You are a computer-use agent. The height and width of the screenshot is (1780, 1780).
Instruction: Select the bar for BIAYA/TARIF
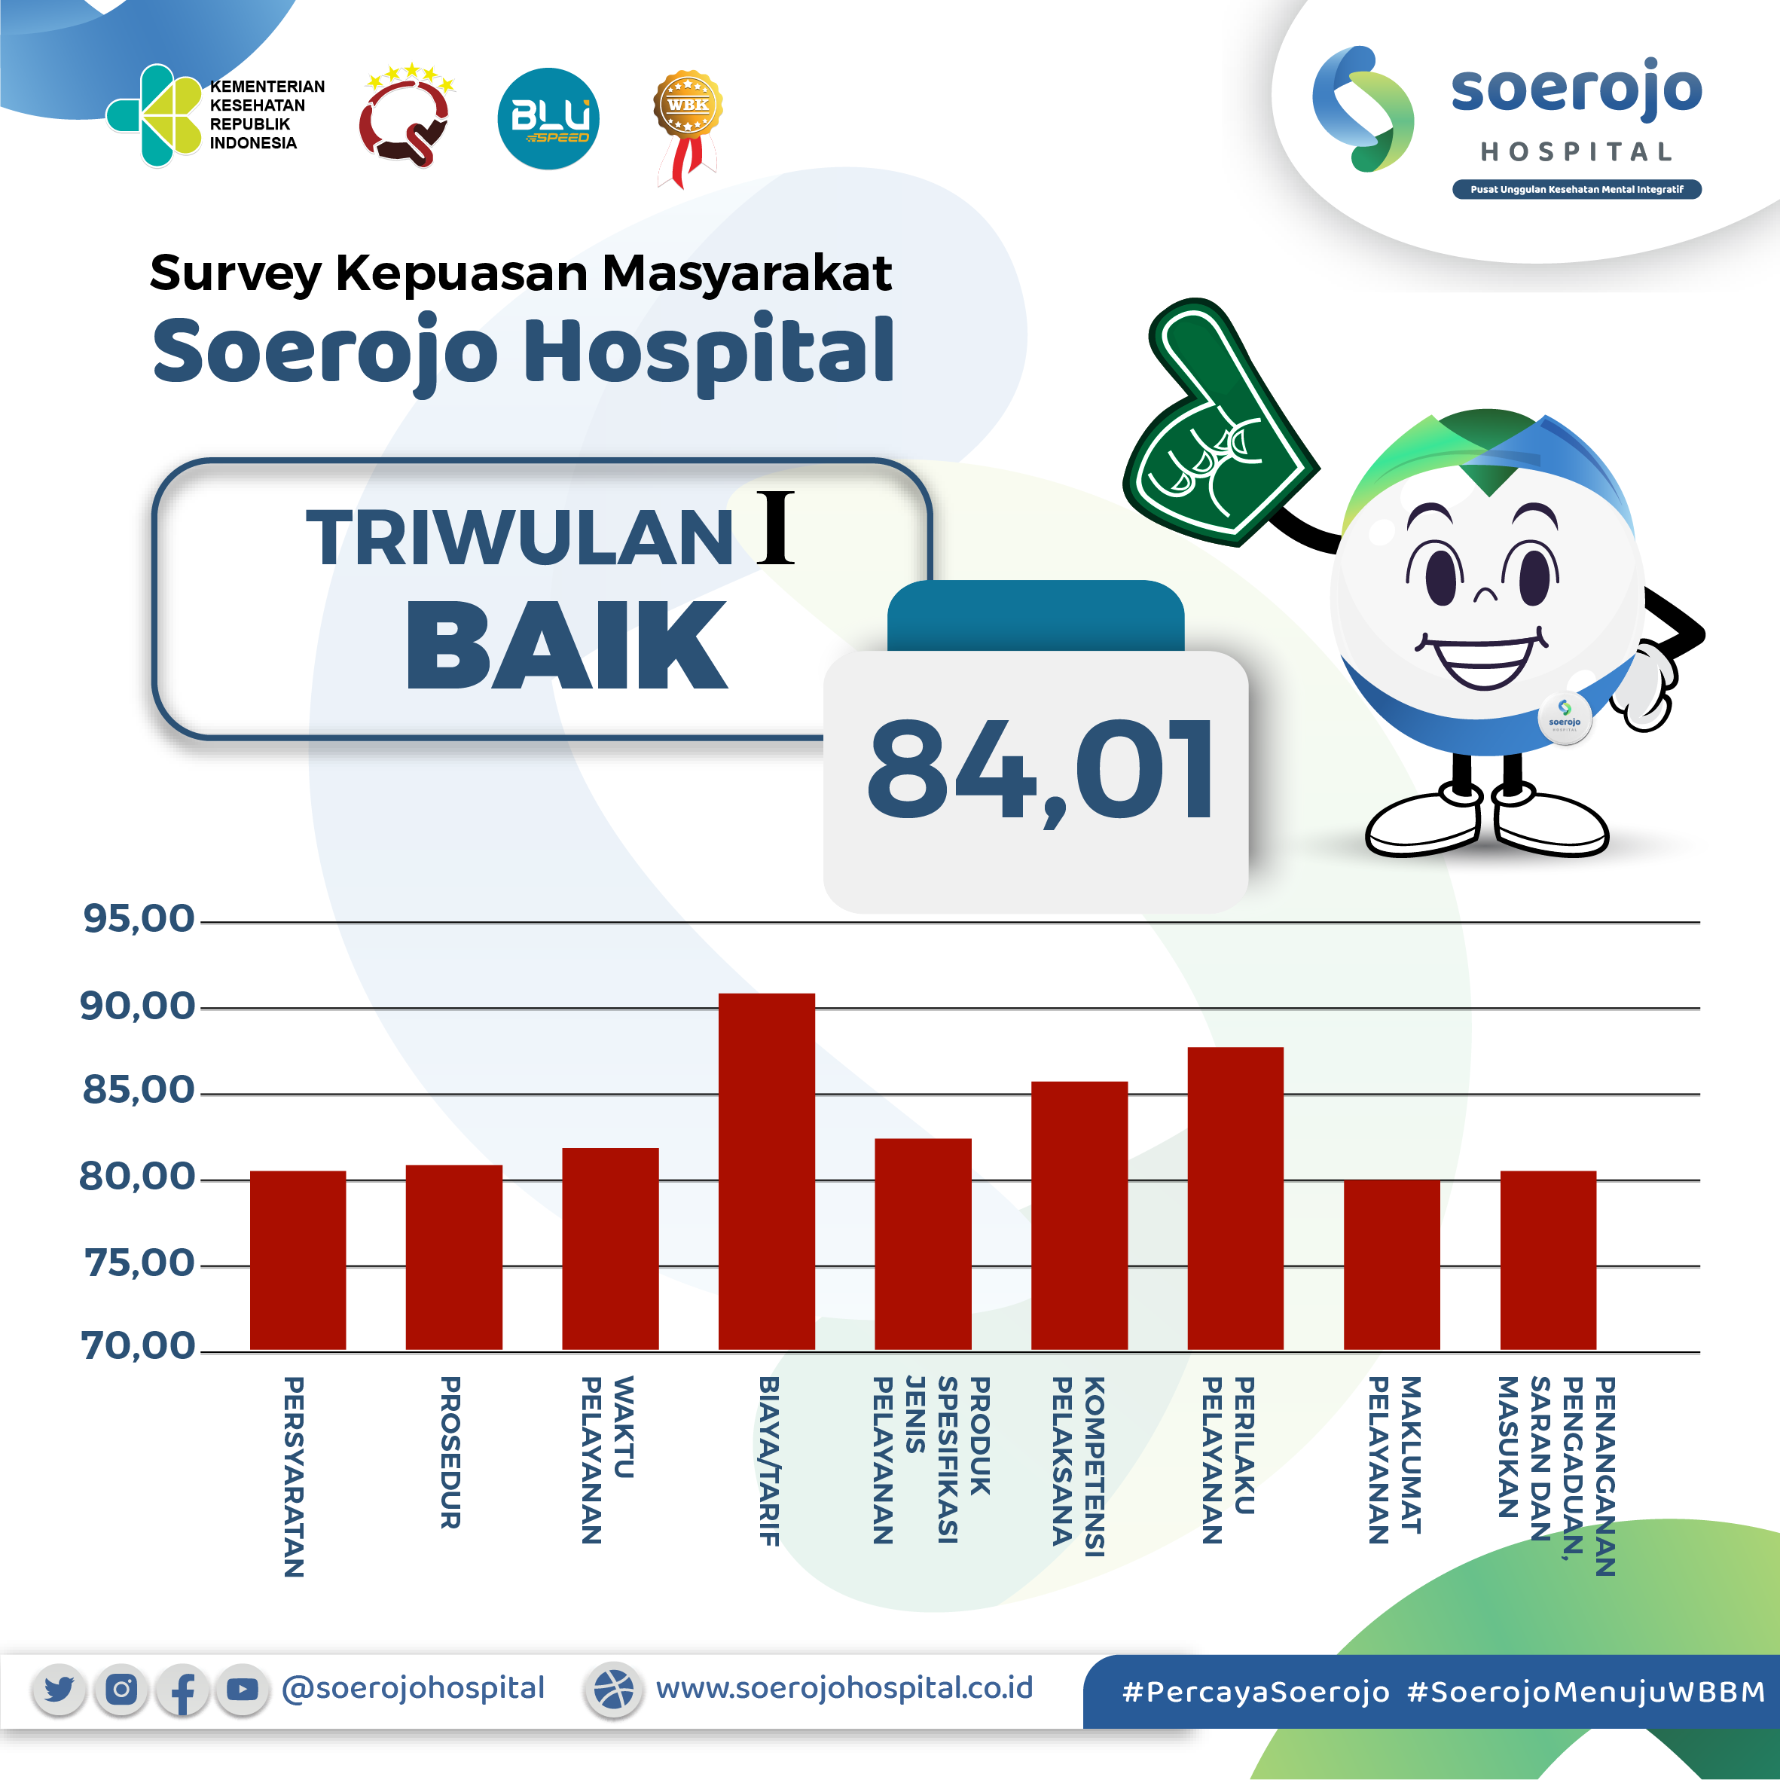(767, 1172)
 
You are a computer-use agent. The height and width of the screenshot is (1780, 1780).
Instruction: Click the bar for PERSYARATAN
(298, 1260)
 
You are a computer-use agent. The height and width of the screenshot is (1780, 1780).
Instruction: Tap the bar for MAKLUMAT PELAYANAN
(1391, 1265)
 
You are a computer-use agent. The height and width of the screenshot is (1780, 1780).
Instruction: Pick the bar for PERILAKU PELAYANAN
(1235, 1198)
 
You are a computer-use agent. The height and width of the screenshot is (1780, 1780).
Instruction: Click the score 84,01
(1040, 772)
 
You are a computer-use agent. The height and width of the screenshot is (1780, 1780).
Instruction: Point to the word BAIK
(566, 645)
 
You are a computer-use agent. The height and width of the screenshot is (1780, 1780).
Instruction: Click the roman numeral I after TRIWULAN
(775, 528)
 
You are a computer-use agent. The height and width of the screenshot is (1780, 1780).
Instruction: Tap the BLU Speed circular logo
(548, 119)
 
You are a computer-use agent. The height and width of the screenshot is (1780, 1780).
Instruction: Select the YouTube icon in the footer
(243, 1690)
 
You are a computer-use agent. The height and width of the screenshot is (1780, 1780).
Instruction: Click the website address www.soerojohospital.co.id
(844, 1688)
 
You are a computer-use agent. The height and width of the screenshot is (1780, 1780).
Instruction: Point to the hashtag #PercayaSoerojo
(1256, 1693)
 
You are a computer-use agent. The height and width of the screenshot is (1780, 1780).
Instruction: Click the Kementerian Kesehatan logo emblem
(154, 116)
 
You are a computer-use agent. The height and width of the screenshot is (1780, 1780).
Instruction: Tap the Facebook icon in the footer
(182, 1690)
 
